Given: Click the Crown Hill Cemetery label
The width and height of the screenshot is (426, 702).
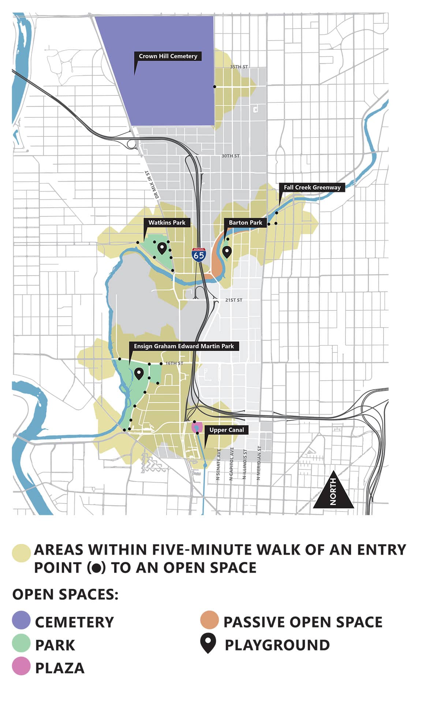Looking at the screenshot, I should click(168, 56).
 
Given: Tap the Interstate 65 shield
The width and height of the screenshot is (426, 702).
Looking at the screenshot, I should click(199, 254).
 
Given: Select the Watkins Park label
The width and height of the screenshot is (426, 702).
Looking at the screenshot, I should click(167, 222).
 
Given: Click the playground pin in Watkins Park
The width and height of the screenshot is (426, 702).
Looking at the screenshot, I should click(162, 249).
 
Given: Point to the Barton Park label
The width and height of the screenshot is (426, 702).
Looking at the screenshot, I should click(245, 222).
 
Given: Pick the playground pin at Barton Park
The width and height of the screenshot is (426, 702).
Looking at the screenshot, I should click(227, 252).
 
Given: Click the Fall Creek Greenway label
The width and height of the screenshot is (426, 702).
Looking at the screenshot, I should click(312, 187).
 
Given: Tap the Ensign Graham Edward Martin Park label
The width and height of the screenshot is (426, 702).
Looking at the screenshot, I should click(184, 346).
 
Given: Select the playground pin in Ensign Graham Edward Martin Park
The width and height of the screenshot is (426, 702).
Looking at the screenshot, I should click(139, 374).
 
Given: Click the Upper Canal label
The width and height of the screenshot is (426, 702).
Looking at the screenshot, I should click(226, 430).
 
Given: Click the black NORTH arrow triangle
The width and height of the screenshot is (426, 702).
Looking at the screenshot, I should click(333, 494).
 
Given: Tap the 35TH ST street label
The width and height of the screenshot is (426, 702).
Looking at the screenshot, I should click(239, 67).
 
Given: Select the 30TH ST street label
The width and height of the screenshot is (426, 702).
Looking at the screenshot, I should click(230, 156).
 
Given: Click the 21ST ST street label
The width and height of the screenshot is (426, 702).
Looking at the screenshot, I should click(233, 300).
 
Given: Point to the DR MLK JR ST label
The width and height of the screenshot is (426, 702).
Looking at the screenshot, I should click(153, 184).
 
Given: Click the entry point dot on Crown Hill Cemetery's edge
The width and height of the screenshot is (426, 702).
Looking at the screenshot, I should click(215, 87).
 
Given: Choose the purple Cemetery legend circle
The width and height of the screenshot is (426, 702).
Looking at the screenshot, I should click(21, 622).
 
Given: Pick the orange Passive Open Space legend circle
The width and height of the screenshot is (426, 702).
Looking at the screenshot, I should click(210, 622).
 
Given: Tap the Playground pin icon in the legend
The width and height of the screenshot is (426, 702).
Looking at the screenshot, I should click(208, 644).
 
